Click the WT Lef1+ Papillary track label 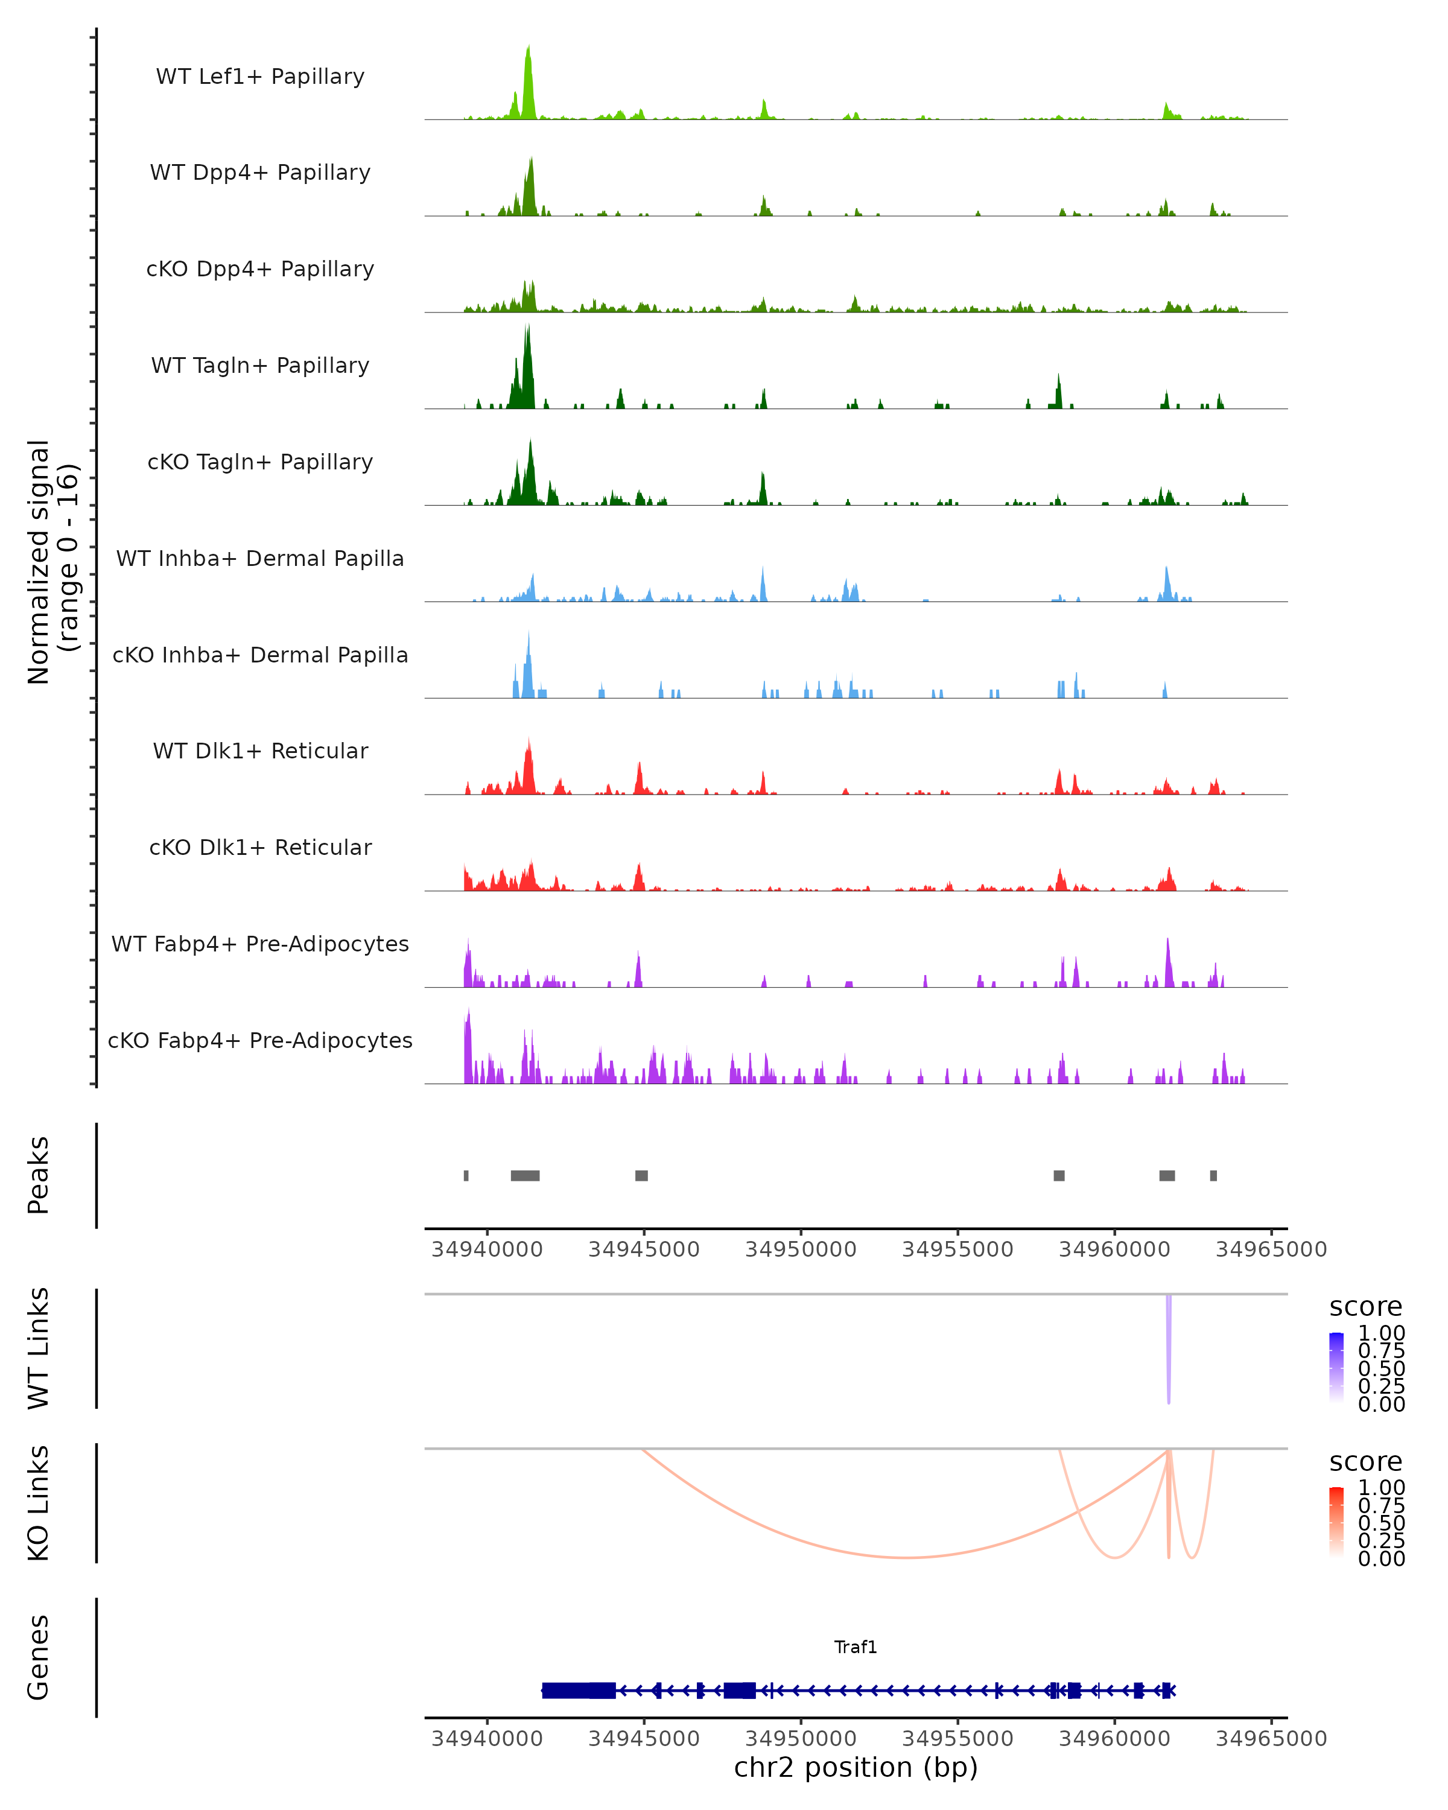260,77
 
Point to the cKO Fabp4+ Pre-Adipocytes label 260,1040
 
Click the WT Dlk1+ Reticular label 260,751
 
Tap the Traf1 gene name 856,1647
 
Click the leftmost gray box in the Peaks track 466,1175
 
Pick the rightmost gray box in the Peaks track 1213,1175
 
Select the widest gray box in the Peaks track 525,1175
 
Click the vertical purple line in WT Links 1167,1347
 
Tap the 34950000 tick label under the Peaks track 801,1250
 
